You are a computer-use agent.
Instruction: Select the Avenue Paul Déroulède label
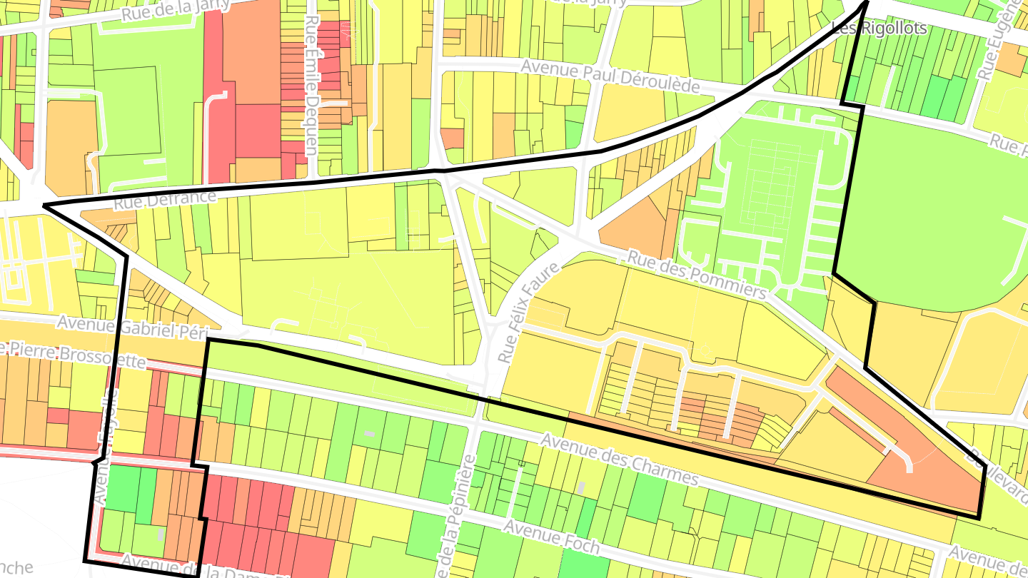coord(610,75)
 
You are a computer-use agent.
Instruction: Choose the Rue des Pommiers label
coord(696,274)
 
